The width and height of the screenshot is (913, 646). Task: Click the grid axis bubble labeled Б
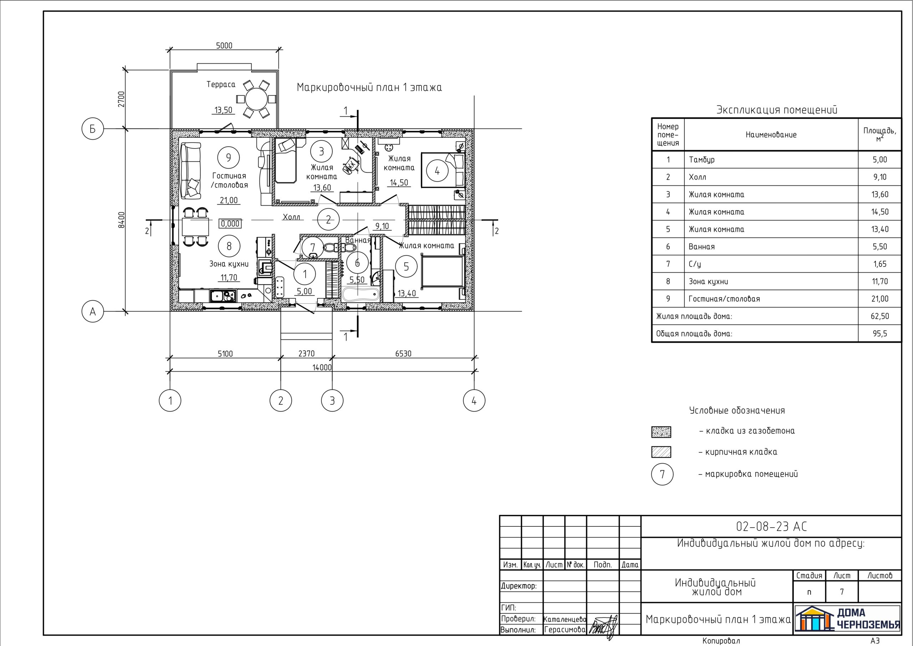[93, 129]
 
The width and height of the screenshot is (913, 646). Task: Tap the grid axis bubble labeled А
[93, 311]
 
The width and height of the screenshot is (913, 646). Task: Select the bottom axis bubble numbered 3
[332, 400]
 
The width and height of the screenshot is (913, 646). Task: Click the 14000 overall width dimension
[322, 367]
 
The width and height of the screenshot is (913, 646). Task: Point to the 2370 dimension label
[306, 353]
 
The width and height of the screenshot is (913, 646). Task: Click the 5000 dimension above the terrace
[224, 45]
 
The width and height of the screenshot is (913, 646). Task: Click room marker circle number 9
[228, 158]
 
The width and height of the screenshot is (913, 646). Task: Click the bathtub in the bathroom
[360, 295]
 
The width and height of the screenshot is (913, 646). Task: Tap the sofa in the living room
[190, 170]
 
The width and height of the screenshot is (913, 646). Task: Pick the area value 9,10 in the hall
[382, 226]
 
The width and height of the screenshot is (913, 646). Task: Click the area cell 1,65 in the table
[879, 264]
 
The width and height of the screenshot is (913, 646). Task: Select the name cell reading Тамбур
[702, 160]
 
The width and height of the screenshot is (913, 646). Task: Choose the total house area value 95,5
[879, 334]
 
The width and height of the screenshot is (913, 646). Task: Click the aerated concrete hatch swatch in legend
[661, 432]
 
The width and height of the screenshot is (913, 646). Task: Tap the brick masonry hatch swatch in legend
[661, 452]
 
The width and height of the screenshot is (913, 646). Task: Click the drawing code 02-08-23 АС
[771, 526]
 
